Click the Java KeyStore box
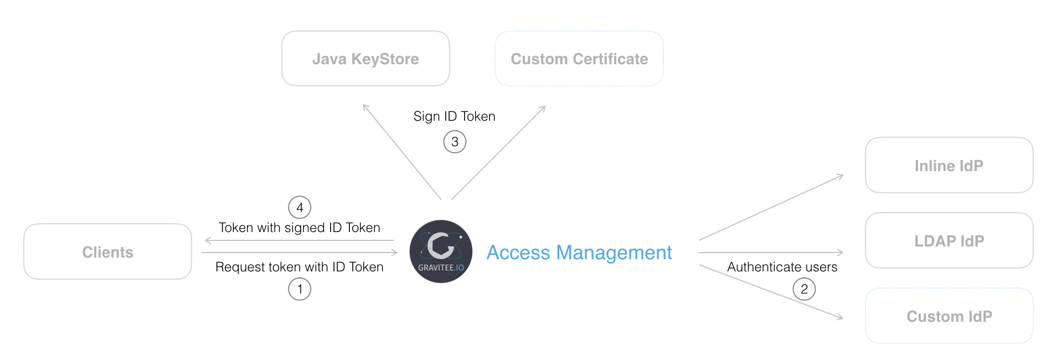(x=365, y=59)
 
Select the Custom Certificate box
(x=579, y=59)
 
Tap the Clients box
(x=107, y=252)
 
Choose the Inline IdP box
(x=949, y=166)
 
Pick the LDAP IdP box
(x=949, y=241)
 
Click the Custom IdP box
(x=949, y=316)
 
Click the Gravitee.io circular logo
(x=441, y=251)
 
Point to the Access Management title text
(x=579, y=253)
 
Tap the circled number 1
(x=300, y=289)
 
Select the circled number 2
(x=804, y=289)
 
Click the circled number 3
(x=455, y=142)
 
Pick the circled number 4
(x=300, y=208)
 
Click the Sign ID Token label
(x=454, y=116)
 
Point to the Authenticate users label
(x=782, y=267)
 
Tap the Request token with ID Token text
(x=299, y=267)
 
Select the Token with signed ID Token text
(x=299, y=228)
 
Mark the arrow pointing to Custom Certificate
(x=498, y=152)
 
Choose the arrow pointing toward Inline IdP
(x=771, y=208)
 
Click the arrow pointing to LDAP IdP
(x=771, y=253)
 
